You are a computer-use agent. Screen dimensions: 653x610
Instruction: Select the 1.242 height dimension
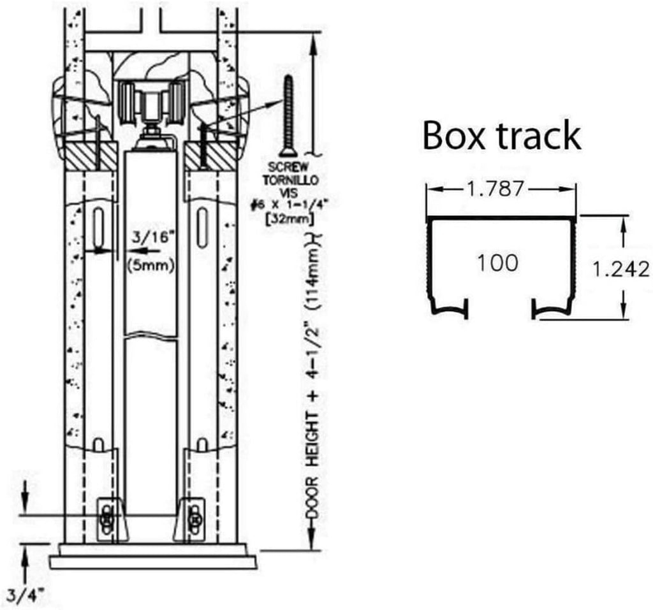(621, 270)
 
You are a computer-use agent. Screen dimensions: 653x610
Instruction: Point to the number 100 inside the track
(498, 263)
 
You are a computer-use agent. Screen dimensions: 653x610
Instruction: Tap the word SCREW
(288, 168)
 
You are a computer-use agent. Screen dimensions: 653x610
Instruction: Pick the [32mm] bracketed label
(290, 219)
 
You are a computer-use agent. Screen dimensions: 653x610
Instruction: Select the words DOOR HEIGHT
(313, 466)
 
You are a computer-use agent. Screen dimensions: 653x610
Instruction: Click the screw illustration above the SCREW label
(288, 115)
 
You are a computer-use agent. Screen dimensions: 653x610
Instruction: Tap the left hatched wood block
(91, 156)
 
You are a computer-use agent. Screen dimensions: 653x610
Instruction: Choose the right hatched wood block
(212, 156)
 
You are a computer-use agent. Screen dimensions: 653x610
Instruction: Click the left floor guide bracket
(110, 519)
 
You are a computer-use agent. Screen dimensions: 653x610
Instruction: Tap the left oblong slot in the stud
(99, 228)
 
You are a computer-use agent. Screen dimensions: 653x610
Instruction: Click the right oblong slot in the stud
(202, 228)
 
